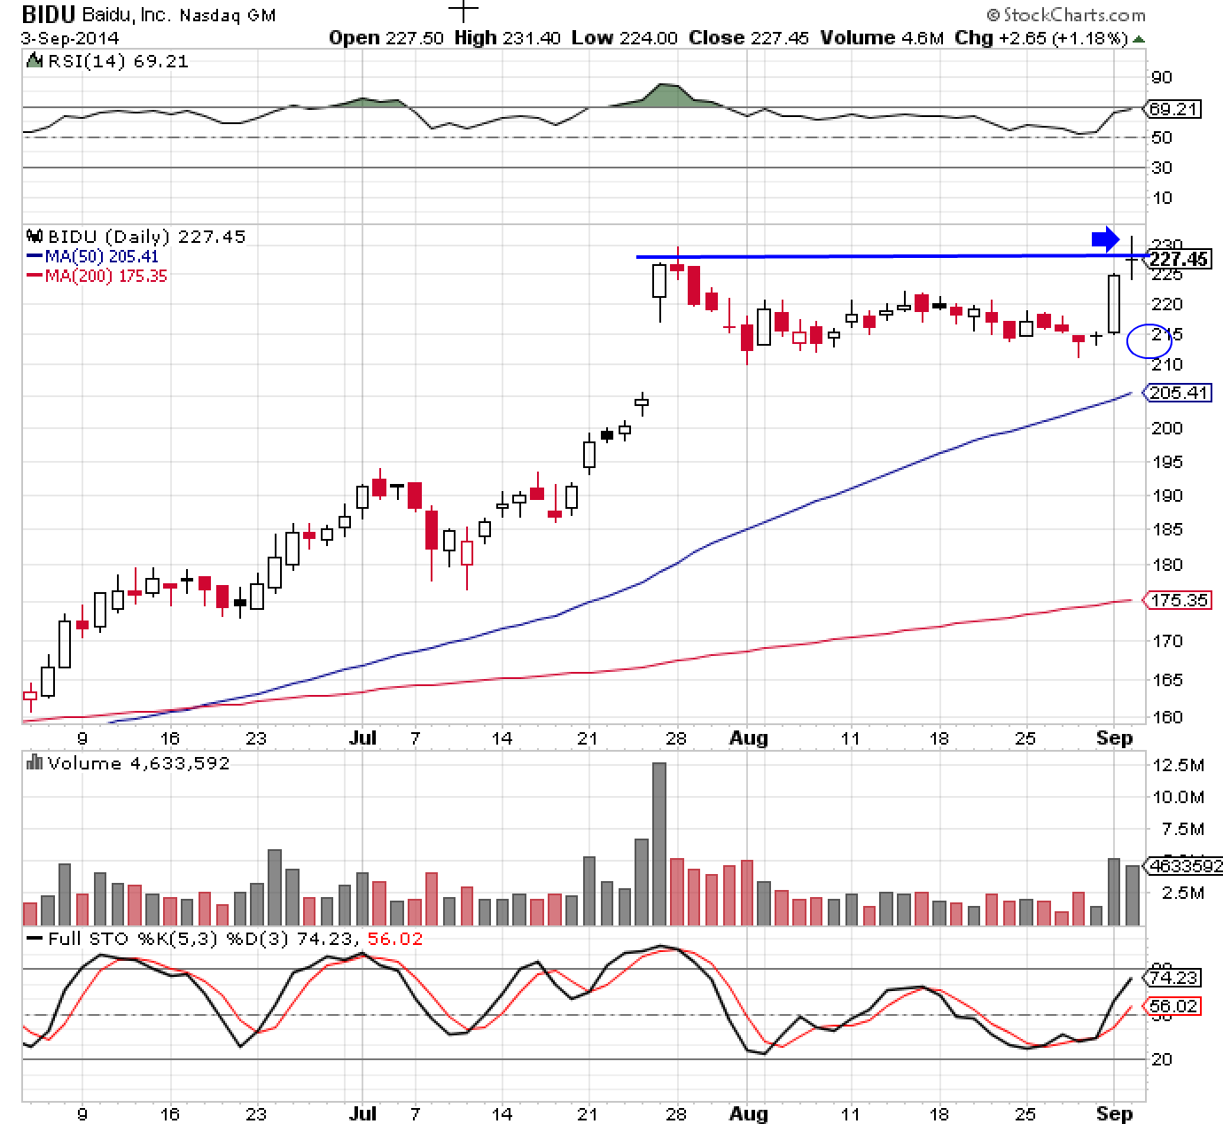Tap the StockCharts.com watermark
click(x=1066, y=15)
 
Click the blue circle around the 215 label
click(x=1149, y=340)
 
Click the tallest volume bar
click(x=658, y=843)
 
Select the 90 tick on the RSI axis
click(x=1161, y=77)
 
